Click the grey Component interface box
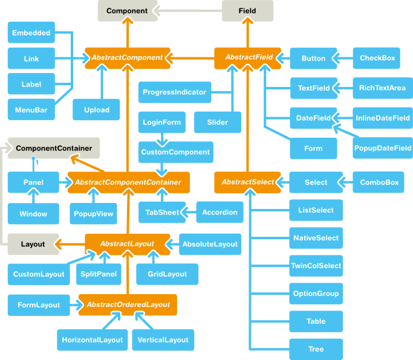point(127,11)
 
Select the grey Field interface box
point(248,11)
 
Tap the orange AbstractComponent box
point(127,58)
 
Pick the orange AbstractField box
point(249,58)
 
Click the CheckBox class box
point(377,58)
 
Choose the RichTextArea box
point(382,88)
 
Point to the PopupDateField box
point(383,147)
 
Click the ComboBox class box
point(379,182)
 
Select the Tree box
point(316,349)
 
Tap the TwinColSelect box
point(316,266)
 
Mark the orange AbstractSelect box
point(248,182)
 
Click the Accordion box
point(220,212)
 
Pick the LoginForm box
point(161,123)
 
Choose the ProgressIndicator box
point(174,92)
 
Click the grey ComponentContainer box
point(54,148)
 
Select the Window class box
point(33,214)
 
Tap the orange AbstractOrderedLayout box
point(128,305)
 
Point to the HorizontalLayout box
point(92,340)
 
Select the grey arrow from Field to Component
point(187,11)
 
